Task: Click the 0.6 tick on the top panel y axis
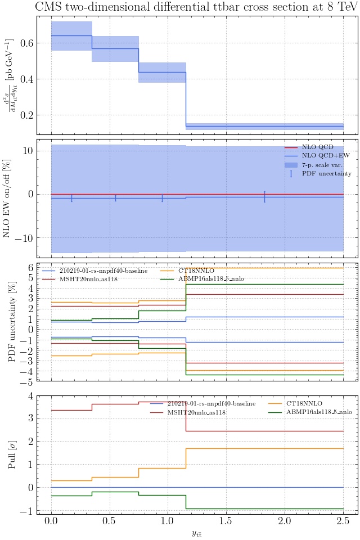tap(28, 43)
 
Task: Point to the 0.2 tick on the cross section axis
tap(28, 115)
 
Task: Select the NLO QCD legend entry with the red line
tap(318, 147)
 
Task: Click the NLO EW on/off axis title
tap(8, 198)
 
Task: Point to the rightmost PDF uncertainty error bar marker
tap(264, 197)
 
